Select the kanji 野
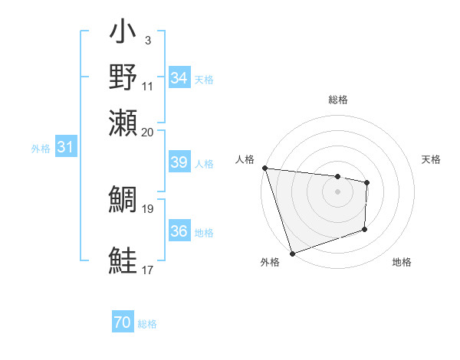(x=123, y=78)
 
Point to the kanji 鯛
(x=123, y=201)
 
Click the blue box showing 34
(x=179, y=78)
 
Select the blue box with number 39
(x=179, y=162)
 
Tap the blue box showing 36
(x=179, y=231)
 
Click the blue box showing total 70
(x=123, y=323)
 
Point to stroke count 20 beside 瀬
(x=148, y=132)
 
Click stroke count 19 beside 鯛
(x=148, y=208)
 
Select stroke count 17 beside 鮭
(x=148, y=270)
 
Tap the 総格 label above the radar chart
(x=337, y=100)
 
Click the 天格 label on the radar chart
(x=431, y=159)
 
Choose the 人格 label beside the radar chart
(x=245, y=159)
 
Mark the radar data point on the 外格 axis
(x=292, y=254)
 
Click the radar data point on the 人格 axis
(x=264, y=168)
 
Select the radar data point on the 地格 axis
(x=365, y=229)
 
